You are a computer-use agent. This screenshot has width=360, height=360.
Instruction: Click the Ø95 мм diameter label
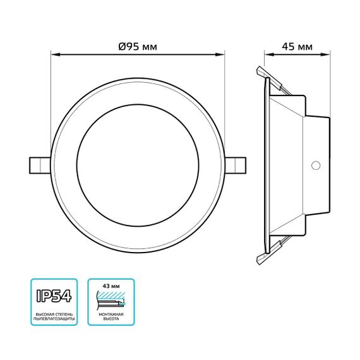pos(137,47)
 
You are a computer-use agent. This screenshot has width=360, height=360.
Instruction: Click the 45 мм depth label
pos(297,47)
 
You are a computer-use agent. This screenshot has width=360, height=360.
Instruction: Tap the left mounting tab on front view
pos(39,164)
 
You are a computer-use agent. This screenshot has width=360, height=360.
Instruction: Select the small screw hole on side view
pos(316,165)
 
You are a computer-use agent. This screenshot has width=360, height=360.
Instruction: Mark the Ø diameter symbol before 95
pos(121,47)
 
